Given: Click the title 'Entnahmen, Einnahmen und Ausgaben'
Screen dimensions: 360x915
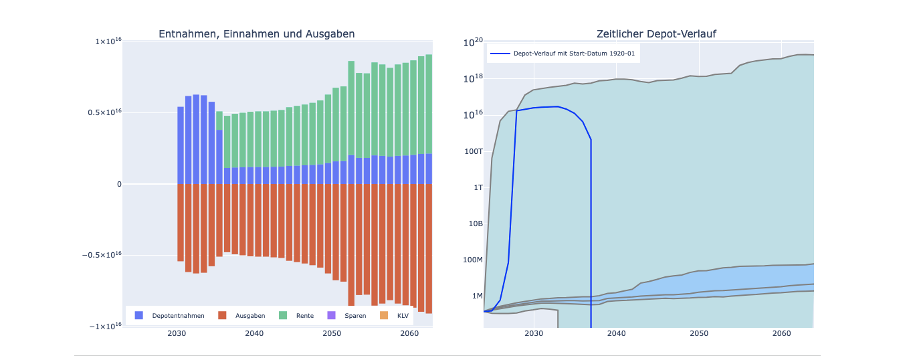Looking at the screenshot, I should click(x=256, y=34).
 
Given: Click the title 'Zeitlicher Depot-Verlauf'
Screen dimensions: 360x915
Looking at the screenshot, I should click(x=656, y=34).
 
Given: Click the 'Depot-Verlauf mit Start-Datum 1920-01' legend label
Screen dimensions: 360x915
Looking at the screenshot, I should click(x=574, y=54).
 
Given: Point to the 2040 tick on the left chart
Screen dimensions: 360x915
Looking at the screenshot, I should click(x=254, y=333).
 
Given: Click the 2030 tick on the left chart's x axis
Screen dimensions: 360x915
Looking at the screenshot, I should click(x=177, y=333).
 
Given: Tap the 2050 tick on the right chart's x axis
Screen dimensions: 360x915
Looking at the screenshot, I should click(x=699, y=333).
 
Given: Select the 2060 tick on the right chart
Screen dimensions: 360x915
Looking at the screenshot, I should click(x=781, y=333).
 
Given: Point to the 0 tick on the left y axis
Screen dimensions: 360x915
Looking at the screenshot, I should click(x=119, y=184).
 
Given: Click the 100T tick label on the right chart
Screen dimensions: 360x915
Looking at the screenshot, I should click(x=473, y=151).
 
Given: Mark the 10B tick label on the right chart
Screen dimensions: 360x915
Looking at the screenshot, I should click(x=476, y=223).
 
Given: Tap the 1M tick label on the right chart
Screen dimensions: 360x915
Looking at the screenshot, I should click(x=477, y=296).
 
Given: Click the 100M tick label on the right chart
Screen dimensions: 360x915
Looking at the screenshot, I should click(x=473, y=260).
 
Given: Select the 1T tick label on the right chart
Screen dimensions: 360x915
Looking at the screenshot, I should click(x=478, y=187).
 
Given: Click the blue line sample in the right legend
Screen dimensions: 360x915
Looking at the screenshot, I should click(x=500, y=54).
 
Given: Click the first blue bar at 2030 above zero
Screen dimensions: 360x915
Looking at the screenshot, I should click(x=181, y=145).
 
